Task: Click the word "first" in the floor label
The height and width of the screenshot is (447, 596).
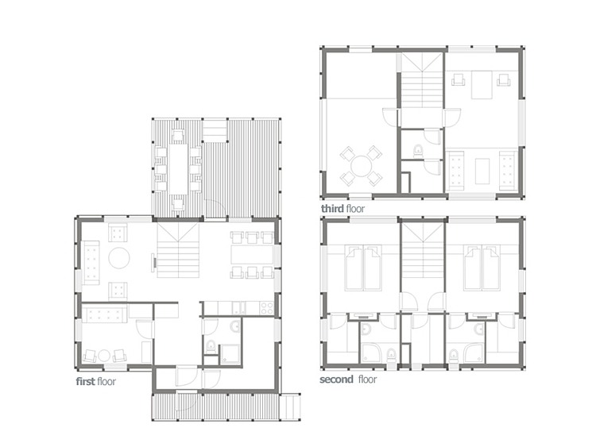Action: [x=85, y=381]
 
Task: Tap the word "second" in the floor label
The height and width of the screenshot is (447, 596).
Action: [x=336, y=379]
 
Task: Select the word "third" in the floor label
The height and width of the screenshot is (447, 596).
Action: [x=332, y=209]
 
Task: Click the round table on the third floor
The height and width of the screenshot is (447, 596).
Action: [x=361, y=166]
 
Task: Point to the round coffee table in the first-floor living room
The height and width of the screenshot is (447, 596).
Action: [x=119, y=258]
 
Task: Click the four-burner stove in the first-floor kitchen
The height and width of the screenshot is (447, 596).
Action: [x=267, y=307]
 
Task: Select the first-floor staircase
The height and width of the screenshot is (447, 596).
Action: [x=178, y=250]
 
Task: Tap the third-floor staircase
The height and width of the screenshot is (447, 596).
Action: [x=423, y=79]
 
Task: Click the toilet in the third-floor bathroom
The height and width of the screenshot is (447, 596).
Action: [x=418, y=151]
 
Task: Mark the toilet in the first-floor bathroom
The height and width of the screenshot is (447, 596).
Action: [x=211, y=347]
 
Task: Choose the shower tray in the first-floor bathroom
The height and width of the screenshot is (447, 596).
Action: [x=230, y=355]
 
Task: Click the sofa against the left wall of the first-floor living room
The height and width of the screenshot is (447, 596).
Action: [x=91, y=263]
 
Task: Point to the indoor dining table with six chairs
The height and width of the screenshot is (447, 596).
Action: [x=253, y=255]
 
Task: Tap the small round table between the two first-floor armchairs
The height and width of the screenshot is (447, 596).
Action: [x=104, y=356]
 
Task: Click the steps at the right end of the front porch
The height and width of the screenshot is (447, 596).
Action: [x=292, y=407]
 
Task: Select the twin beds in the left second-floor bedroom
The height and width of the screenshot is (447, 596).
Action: [x=364, y=268]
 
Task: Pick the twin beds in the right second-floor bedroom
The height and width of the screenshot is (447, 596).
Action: [x=482, y=268]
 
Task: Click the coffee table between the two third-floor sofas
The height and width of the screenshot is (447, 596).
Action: [x=482, y=171]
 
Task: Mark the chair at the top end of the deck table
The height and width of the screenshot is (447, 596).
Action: [x=178, y=136]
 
